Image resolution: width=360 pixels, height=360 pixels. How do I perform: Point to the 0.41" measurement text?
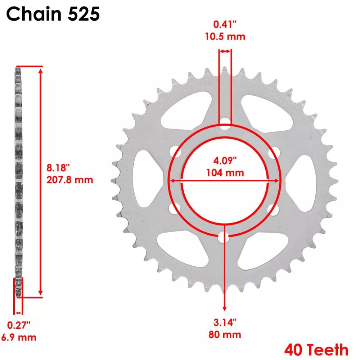(225, 25)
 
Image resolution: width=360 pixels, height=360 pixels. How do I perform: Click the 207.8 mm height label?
(70, 180)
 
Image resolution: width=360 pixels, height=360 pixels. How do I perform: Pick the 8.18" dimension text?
(58, 168)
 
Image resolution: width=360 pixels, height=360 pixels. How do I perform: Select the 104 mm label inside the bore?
(225, 172)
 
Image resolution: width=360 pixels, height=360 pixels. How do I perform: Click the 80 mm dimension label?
(225, 334)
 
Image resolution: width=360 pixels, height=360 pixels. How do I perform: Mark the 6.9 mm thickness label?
(22, 337)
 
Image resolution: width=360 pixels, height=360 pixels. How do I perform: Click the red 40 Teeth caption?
(316, 350)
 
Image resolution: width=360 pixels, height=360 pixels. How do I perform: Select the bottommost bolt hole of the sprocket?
(225, 237)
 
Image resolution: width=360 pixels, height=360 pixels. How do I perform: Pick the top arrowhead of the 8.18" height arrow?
(40, 71)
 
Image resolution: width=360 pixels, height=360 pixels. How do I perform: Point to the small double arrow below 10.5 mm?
(225, 52)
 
